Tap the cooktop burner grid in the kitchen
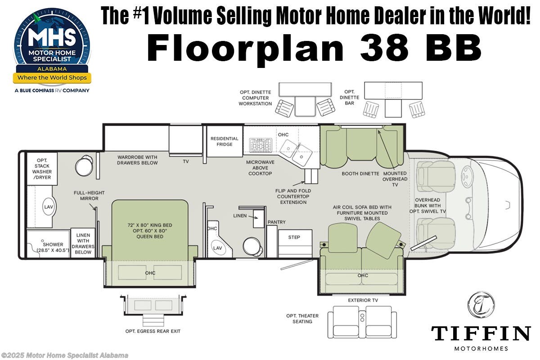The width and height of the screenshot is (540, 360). point(261,145)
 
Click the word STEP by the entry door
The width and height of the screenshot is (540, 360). point(294,237)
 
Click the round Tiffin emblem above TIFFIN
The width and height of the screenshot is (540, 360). point(481,305)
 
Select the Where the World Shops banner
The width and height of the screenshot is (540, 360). point(52,78)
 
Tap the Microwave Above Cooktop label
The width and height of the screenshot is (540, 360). point(259,167)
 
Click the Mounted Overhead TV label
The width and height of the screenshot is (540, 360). point(395,179)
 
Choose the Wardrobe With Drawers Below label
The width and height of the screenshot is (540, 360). point(138,160)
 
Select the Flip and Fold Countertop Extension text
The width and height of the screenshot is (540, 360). point(293,196)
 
